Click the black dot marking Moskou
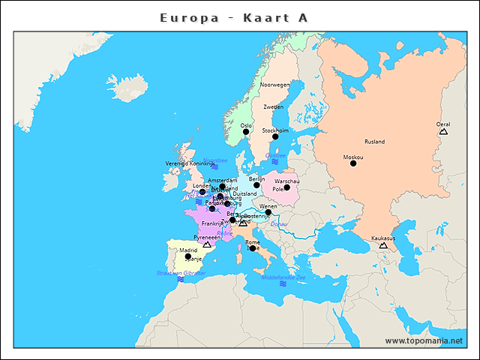(353, 163)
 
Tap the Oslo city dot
(246, 132)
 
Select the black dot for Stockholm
(275, 136)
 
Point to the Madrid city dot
(188, 256)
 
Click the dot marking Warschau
(287, 187)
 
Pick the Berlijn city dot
(256, 185)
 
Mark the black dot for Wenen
(268, 212)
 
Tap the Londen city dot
(202, 192)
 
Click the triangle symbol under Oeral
(443, 131)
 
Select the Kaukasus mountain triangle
(383, 245)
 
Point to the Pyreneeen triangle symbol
(207, 244)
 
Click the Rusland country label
(374, 142)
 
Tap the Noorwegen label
(274, 85)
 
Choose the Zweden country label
(273, 107)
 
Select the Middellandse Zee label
(283, 277)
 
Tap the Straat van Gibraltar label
(181, 273)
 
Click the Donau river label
(278, 223)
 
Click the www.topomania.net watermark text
(424, 340)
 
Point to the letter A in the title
(302, 17)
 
